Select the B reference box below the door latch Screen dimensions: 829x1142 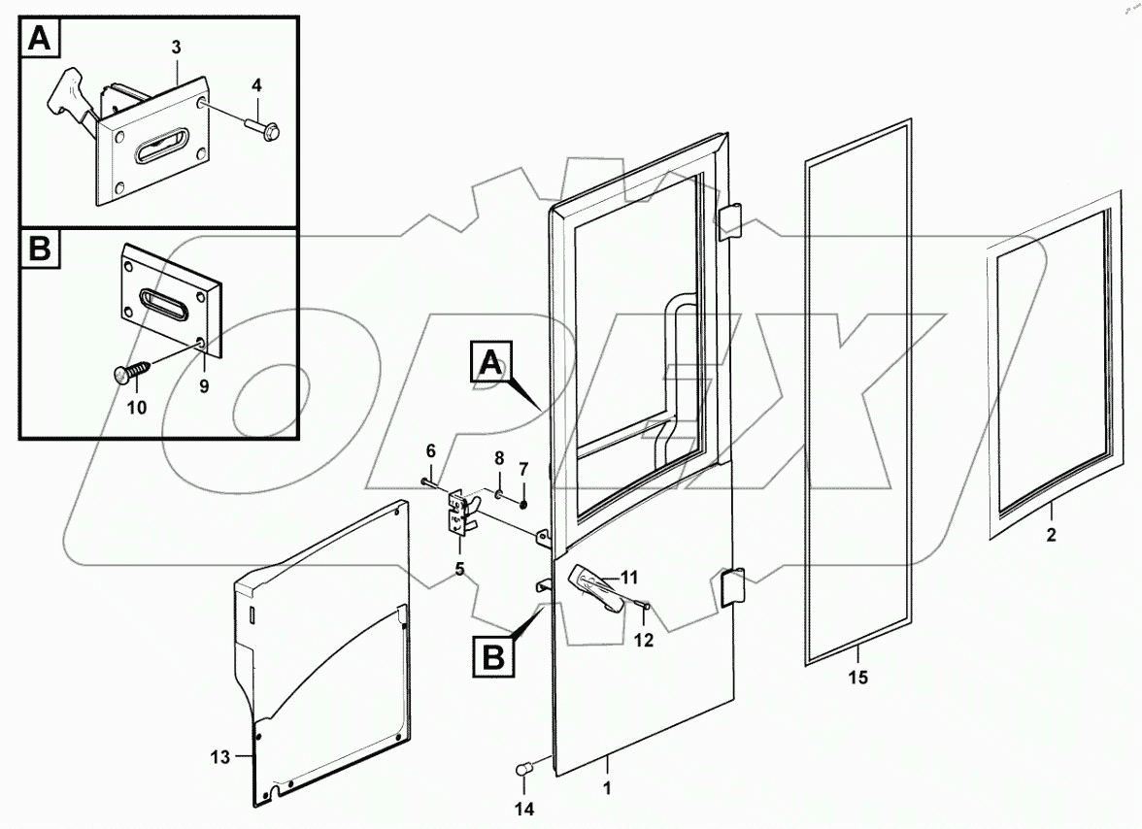492,657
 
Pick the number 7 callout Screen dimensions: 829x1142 523,469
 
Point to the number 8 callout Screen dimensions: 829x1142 499,455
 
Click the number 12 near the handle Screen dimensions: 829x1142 644,640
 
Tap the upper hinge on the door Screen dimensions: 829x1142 728,221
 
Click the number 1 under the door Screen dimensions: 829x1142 607,789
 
